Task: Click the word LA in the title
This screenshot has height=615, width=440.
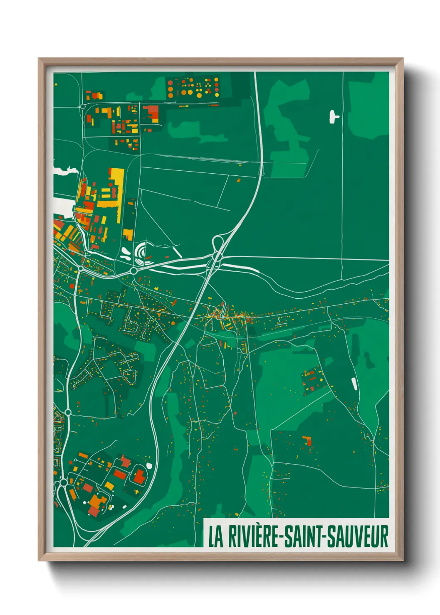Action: pyautogui.click(x=215, y=536)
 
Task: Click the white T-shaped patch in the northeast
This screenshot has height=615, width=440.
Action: pyautogui.click(x=334, y=116)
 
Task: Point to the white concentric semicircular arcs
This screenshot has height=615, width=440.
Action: pyautogui.click(x=143, y=251)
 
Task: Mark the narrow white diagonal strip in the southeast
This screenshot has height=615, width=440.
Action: pyautogui.click(x=354, y=384)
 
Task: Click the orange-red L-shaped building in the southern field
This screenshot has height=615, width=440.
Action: pyautogui.click(x=307, y=440)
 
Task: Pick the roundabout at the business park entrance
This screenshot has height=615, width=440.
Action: pyautogui.click(x=63, y=482)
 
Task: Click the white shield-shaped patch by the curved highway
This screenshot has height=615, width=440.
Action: pyautogui.click(x=149, y=465)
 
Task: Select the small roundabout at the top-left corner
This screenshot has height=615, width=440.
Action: pyautogui.click(x=83, y=107)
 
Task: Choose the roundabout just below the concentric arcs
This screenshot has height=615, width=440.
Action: pyautogui.click(x=133, y=271)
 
